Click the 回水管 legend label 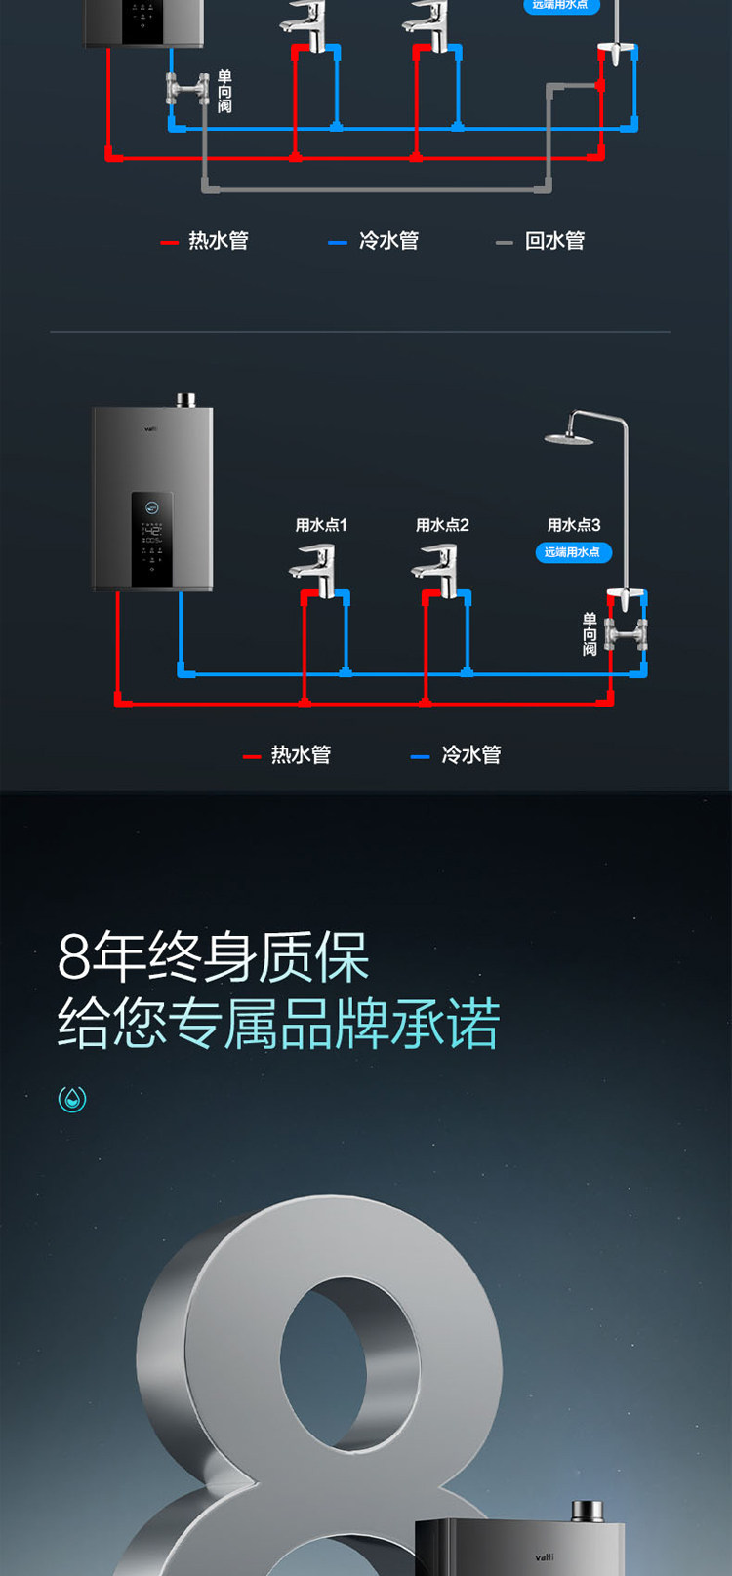[554, 241]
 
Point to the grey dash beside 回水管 [504, 242]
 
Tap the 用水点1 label [321, 525]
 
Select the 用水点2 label [442, 525]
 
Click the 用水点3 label [574, 525]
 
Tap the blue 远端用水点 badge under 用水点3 [573, 552]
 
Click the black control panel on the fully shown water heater [152, 539]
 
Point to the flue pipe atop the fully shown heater [185, 400]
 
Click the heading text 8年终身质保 [214, 957]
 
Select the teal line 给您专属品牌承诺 [279, 1024]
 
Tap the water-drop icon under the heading [72, 1099]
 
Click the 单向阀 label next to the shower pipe [590, 634]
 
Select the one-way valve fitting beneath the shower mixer [625, 635]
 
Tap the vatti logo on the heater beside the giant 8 [544, 1557]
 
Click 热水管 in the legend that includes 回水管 [218, 241]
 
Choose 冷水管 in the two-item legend [470, 755]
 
